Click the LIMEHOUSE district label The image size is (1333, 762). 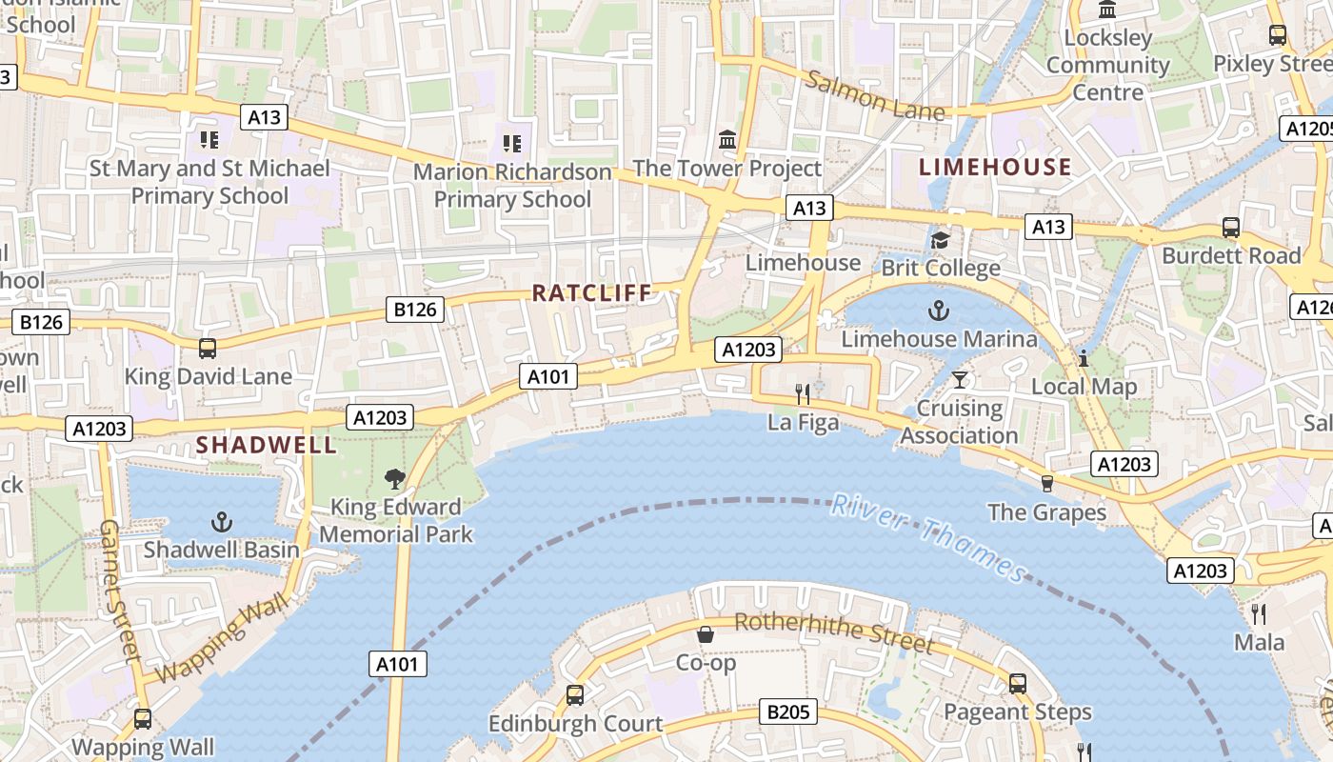pyautogui.click(x=995, y=168)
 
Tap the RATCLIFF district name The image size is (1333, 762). pyautogui.click(x=592, y=293)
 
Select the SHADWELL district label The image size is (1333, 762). pyautogui.click(x=267, y=445)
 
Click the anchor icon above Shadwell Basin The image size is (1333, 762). pyautogui.click(x=221, y=521)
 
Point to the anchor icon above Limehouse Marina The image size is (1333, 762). pyautogui.click(x=939, y=311)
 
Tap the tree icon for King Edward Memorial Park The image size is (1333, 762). pyautogui.click(x=395, y=479)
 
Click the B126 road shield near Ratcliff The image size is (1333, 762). pyautogui.click(x=415, y=309)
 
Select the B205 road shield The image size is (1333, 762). pyautogui.click(x=789, y=712)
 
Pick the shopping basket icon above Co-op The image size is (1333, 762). pyautogui.click(x=706, y=634)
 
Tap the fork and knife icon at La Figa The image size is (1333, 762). pyautogui.click(x=803, y=393)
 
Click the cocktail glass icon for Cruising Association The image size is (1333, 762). pyautogui.click(x=960, y=380)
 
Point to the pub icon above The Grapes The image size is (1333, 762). pyautogui.click(x=1047, y=484)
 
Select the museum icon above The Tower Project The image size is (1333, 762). pyautogui.click(x=728, y=140)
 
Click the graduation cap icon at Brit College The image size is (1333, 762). pyautogui.click(x=941, y=240)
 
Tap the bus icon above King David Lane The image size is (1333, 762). pyautogui.click(x=208, y=348)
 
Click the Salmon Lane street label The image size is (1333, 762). pyautogui.click(x=876, y=96)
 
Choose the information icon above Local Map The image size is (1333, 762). pyautogui.click(x=1084, y=358)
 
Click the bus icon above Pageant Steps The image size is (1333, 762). pyautogui.click(x=1018, y=683)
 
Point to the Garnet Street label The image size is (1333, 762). pyautogui.click(x=120, y=591)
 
